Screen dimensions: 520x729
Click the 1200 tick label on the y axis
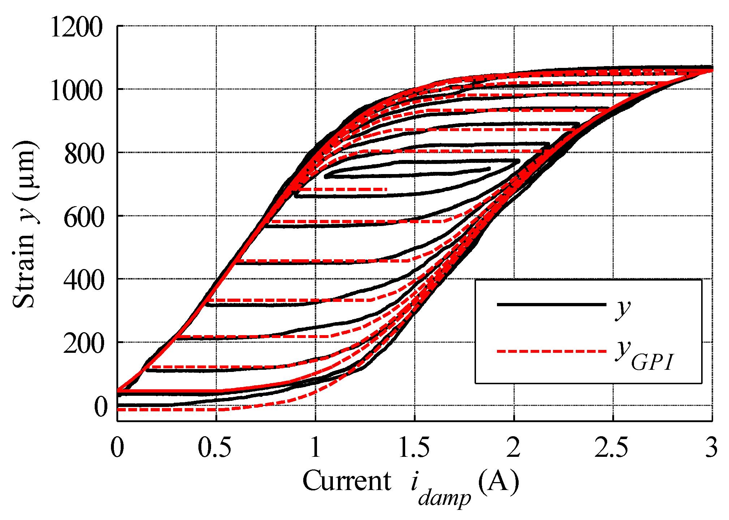click(x=76, y=28)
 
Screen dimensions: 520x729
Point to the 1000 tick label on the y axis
click(x=76, y=91)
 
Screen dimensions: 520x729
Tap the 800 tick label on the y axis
click(x=83, y=154)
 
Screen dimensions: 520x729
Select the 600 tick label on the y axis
click(x=83, y=218)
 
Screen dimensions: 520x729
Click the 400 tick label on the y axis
click(x=83, y=281)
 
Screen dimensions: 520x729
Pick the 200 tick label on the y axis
click(x=83, y=344)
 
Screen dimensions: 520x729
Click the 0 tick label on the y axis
click(x=101, y=407)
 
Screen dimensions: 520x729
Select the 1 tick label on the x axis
click(x=316, y=448)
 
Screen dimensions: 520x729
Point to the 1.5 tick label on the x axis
click(x=414, y=448)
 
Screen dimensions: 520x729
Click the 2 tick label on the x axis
click(x=513, y=448)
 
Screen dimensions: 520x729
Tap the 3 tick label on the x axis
click(x=711, y=448)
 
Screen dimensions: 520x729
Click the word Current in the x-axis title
click(x=347, y=481)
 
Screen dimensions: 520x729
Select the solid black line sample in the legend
click(x=551, y=305)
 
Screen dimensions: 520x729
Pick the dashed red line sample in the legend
click(x=551, y=351)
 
